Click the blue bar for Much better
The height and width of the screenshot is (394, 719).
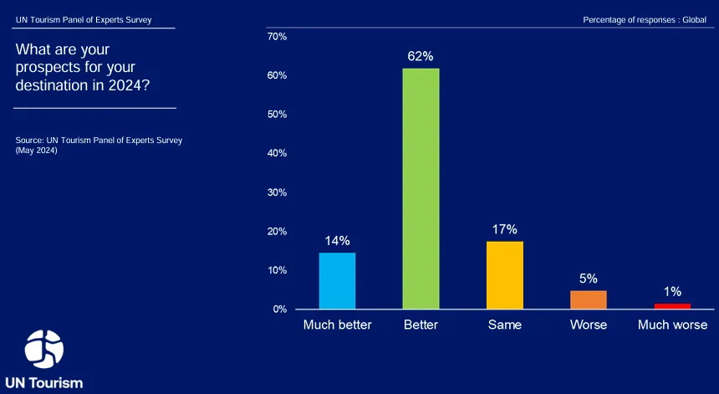pos(337,281)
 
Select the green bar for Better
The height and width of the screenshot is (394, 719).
pos(421,188)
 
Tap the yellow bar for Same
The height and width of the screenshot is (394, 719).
pos(505,275)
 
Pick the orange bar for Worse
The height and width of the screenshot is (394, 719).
pos(589,299)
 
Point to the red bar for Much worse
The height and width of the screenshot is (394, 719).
pos(672,306)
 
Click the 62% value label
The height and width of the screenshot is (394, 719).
pos(421,56)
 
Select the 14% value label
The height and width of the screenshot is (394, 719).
pos(338,241)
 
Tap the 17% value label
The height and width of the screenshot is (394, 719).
pos(505,229)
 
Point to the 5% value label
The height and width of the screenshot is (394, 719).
pos(589,279)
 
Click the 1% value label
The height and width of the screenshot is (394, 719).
pos(673,292)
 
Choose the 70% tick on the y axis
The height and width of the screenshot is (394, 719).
pos(277,36)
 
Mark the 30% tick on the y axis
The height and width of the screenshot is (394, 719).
pos(277,192)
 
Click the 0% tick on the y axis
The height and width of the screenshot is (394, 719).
pos(280,310)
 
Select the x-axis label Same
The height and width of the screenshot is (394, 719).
pos(505,325)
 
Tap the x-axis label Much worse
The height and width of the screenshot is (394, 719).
pos(673,325)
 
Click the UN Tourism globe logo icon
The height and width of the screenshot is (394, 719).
pos(44,349)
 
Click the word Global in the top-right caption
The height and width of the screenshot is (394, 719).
pos(694,20)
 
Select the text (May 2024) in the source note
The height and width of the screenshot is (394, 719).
pos(36,151)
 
